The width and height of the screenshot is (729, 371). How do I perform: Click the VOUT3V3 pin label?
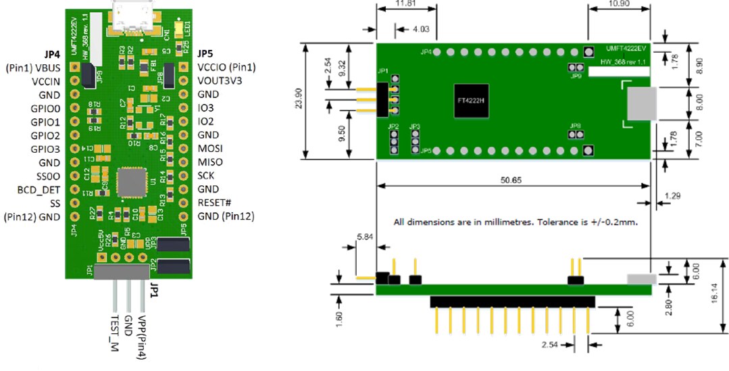tap(221, 80)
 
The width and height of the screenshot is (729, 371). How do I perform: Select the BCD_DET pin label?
tap(39, 190)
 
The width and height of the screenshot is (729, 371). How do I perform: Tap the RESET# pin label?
tap(216, 202)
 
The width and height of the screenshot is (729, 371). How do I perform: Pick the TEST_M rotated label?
tap(114, 330)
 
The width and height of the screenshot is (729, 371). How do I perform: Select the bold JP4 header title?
tap(52, 53)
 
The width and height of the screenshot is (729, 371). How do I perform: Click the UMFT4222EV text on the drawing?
tap(626, 49)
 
